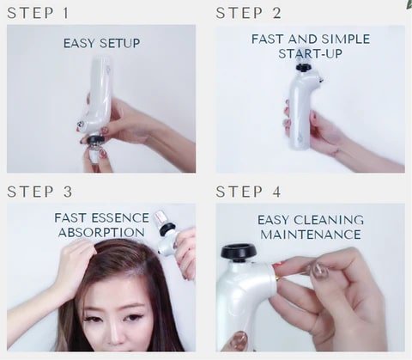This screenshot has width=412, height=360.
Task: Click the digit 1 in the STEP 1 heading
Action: [65, 13]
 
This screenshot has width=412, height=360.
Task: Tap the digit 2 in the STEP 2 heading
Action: [276, 13]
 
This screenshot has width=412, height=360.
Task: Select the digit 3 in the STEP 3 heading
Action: [68, 192]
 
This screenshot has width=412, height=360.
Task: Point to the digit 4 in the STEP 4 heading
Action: [276, 192]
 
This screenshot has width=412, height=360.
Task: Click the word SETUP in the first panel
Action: [119, 43]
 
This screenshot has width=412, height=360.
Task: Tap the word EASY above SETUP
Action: [79, 43]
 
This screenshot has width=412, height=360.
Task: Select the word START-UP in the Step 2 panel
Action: [310, 53]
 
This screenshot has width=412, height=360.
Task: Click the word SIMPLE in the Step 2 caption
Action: [346, 40]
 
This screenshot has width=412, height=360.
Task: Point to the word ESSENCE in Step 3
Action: [120, 218]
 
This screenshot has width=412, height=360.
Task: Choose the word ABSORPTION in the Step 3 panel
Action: [101, 232]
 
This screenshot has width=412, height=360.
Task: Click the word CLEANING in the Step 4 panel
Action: [329, 220]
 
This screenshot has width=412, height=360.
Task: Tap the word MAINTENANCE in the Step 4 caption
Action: [311, 235]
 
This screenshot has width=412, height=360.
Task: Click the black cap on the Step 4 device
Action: [239, 252]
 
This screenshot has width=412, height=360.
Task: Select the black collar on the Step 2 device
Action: [303, 68]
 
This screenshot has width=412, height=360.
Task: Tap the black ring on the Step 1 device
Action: [96, 140]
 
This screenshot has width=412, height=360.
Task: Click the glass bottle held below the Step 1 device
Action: [94, 153]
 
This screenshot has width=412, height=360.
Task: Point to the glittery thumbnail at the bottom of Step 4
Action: [239, 340]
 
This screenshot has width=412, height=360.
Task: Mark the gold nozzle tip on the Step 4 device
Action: [278, 277]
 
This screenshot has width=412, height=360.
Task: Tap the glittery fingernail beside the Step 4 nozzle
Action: [319, 271]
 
